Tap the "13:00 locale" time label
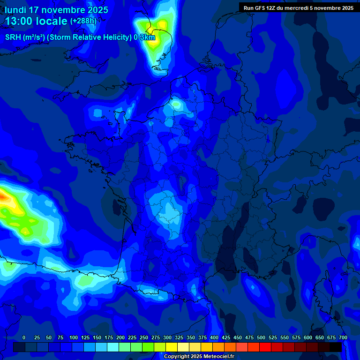[x=36, y=21]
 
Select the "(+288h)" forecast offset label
[x=83, y=21]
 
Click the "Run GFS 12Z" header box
[x=299, y=7]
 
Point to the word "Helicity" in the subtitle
[x=111, y=37]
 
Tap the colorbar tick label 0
[x=24, y=337]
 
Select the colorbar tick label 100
[x=74, y=337]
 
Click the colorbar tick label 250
[x=144, y=337]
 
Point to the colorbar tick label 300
[x=167, y=337]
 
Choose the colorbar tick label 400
[x=214, y=337]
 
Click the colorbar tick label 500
[x=261, y=337]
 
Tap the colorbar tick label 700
[x=343, y=337]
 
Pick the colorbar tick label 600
[x=308, y=337]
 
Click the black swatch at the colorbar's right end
[x=336, y=347]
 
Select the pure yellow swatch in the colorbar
[x=172, y=347]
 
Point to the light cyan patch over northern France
[x=176, y=103]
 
